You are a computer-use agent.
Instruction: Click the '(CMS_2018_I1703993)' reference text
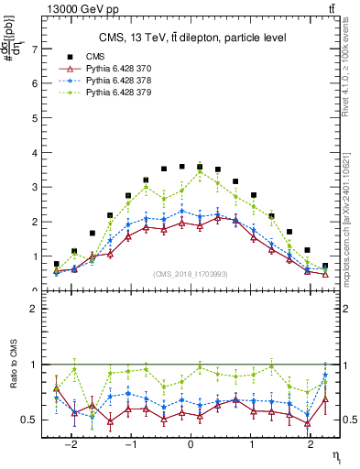pyautogui.click(x=191, y=275)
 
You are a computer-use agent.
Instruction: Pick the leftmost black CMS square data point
pyautogui.click(x=57, y=264)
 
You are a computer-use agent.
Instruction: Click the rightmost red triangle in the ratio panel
pyautogui.click(x=325, y=399)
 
